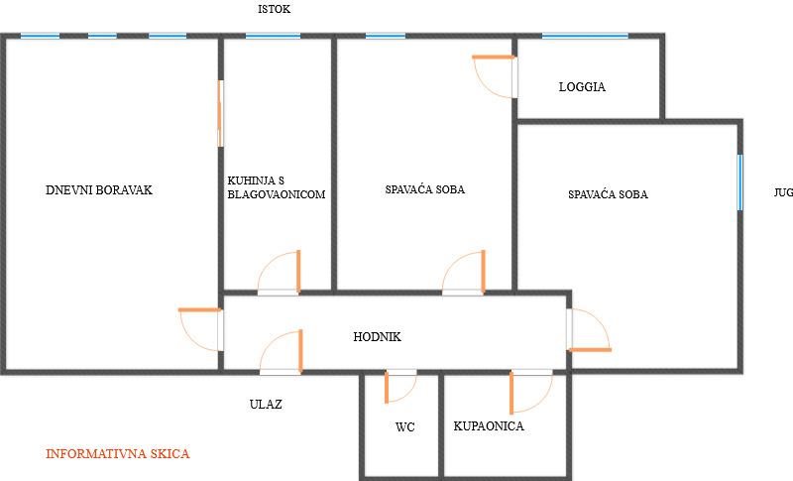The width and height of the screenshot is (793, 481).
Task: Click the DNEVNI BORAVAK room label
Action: pyautogui.click(x=99, y=189)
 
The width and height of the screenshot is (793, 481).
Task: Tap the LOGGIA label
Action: pyautogui.click(x=582, y=86)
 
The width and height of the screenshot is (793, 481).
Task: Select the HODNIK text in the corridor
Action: pyautogui.click(x=377, y=337)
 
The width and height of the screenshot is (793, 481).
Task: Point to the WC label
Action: pyautogui.click(x=404, y=427)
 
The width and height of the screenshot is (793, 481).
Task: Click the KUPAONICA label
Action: pyautogui.click(x=489, y=426)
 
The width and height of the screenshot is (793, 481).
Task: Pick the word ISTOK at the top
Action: pyautogui.click(x=274, y=9)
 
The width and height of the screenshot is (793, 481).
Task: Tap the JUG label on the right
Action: pyautogui.click(x=783, y=193)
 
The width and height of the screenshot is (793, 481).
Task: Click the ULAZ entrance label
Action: pyautogui.click(x=265, y=404)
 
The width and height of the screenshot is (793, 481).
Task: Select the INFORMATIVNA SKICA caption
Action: pyautogui.click(x=117, y=454)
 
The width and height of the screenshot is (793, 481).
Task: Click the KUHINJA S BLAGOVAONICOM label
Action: pyautogui.click(x=276, y=187)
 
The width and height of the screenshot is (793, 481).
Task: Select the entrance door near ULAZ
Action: pyautogui.click(x=280, y=352)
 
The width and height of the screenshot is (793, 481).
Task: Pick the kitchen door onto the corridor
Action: pyautogui.click(x=279, y=273)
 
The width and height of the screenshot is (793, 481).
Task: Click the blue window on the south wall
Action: pyautogui.click(x=739, y=181)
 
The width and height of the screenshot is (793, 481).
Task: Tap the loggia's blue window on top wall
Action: pyautogui.click(x=585, y=36)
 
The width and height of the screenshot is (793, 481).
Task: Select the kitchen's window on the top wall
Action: pyautogui.click(x=273, y=36)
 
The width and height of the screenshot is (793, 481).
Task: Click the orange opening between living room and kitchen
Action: pyautogui.click(x=219, y=113)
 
